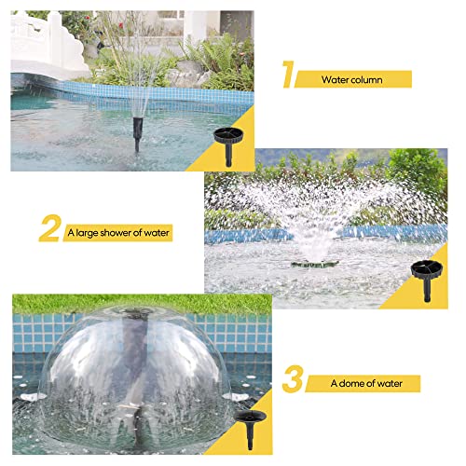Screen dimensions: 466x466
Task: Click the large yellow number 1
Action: coord(288,75)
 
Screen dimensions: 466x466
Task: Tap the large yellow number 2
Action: coord(49,228)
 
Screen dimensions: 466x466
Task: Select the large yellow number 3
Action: coord(293,379)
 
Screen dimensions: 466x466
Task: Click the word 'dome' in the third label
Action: coord(351,383)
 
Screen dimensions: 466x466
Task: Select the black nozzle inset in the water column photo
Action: coord(228,146)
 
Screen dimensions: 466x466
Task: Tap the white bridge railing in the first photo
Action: coord(47,44)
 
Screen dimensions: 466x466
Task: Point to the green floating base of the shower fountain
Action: coord(315,264)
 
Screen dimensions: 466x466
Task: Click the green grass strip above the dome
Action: coord(142,304)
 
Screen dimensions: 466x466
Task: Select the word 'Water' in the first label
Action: coord(332,80)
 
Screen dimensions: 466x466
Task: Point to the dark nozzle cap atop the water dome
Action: coord(137,311)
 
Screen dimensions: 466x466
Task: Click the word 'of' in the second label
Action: coord(138,233)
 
